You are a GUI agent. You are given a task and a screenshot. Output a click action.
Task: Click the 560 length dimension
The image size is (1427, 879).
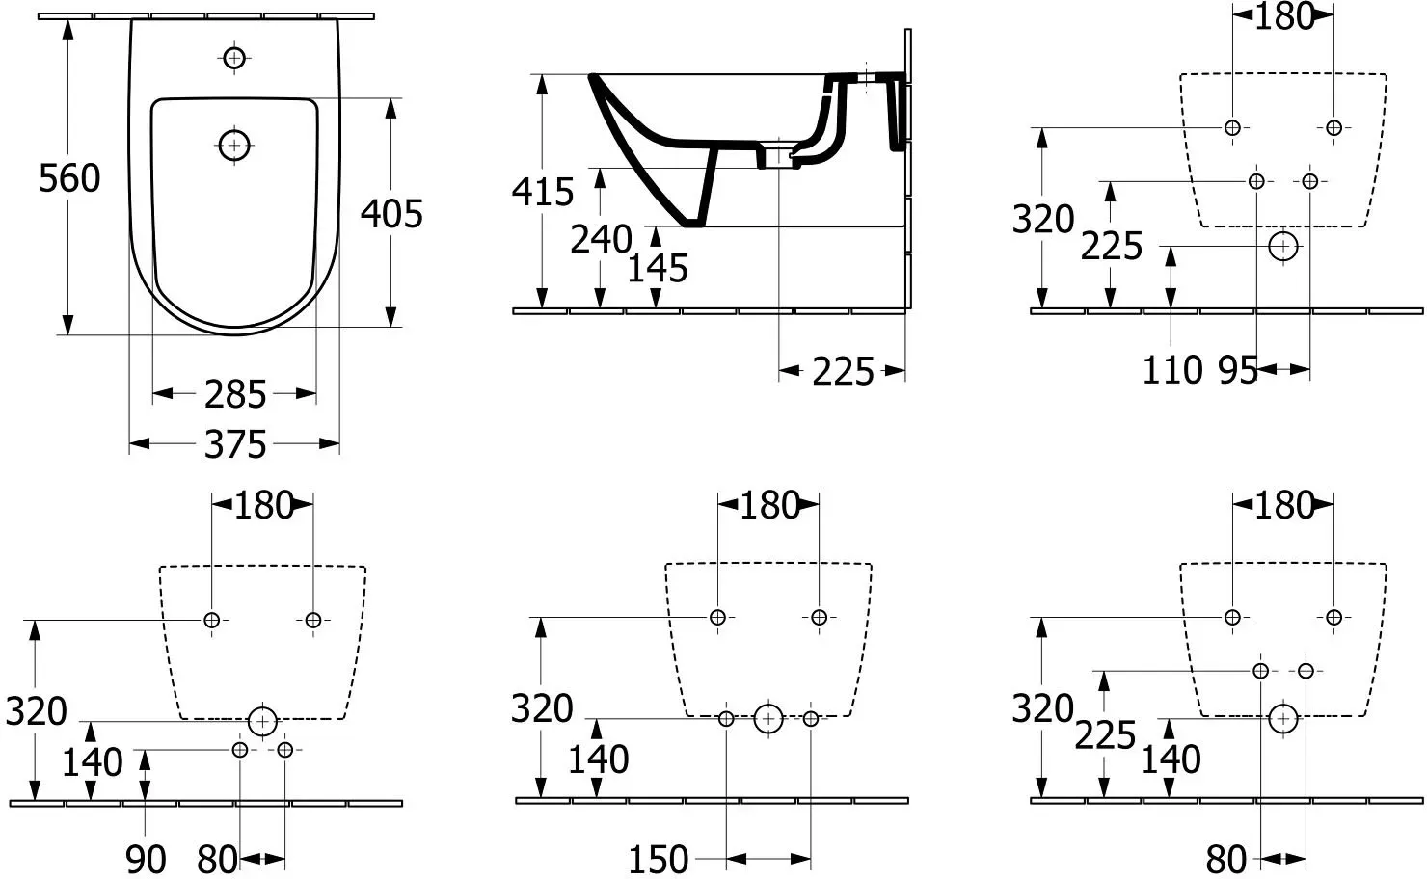[69, 178]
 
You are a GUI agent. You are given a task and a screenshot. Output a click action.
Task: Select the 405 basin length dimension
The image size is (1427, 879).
[391, 214]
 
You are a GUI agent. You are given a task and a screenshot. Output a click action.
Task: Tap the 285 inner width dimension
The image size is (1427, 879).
[235, 395]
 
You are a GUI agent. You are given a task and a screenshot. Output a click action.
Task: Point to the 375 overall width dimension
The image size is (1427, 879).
[235, 444]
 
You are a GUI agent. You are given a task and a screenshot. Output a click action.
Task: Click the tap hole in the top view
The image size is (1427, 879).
[234, 59]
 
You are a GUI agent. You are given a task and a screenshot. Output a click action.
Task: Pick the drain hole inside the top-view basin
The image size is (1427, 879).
[234, 146]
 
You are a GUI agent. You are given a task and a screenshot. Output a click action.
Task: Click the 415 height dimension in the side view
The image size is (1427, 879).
[543, 192]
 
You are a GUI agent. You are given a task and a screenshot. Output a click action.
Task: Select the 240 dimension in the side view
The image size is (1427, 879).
[601, 239]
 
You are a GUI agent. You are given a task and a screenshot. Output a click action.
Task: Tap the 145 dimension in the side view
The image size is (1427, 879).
[658, 269]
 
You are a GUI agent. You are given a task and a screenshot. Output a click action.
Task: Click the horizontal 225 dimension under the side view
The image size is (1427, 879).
[843, 372]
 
